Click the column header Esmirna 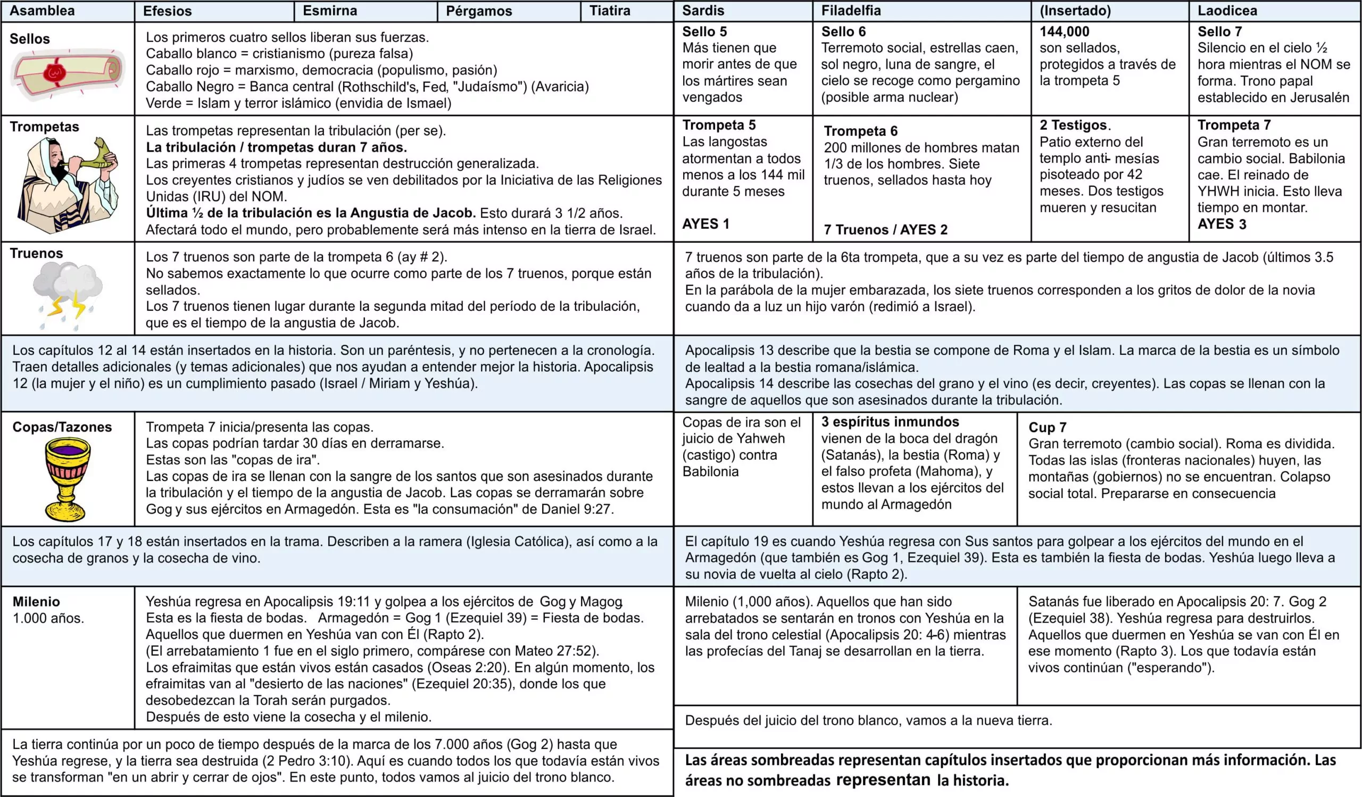tap(330, 11)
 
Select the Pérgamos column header tap(479, 11)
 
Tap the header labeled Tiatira tap(610, 11)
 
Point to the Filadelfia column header tap(851, 11)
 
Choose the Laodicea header tap(1227, 11)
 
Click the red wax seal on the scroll tap(55, 72)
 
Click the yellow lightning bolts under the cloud tap(68, 305)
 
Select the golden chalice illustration tap(67, 478)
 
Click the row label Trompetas tap(44, 127)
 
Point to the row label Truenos tap(36, 253)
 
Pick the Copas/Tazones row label tap(62, 427)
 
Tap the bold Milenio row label tap(36, 601)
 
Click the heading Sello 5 tap(704, 31)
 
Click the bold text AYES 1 tap(705, 223)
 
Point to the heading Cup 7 tap(1047, 427)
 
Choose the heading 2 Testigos tap(1074, 126)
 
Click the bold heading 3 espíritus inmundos tap(890, 421)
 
